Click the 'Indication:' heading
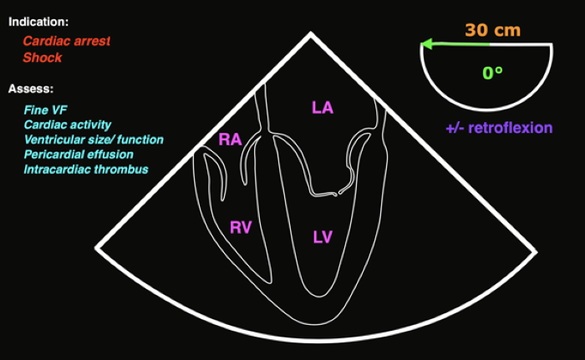pos(38,20)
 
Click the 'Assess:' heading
pos(32,89)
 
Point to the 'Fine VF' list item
pos(45,109)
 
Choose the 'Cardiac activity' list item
pos(68,124)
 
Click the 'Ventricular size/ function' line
pos(94,139)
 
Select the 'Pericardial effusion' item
pos(79,154)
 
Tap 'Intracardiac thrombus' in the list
pos(86,169)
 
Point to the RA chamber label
pos(230,139)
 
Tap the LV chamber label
pos(323,236)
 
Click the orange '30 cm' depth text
pos(493,31)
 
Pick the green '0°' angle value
pos(492,73)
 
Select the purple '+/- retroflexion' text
pos(499,128)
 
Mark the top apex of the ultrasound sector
pos(312,34)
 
